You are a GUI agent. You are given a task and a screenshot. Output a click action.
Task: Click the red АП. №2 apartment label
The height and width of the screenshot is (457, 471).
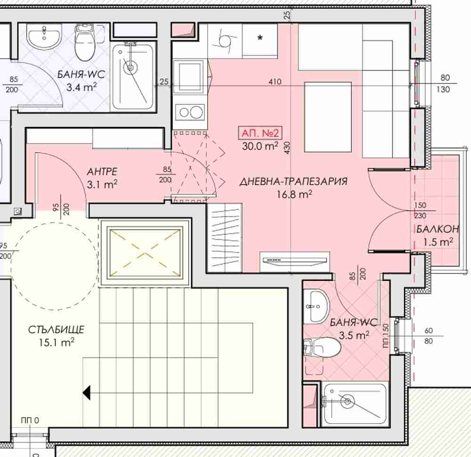(x=260, y=133)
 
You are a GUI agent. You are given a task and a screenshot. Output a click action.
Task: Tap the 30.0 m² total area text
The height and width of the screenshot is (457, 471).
(x=260, y=146)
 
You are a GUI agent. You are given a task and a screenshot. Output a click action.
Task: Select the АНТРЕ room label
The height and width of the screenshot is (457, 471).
(x=102, y=172)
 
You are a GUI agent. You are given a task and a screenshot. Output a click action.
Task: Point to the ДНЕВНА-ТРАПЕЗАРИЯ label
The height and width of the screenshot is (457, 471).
(x=293, y=182)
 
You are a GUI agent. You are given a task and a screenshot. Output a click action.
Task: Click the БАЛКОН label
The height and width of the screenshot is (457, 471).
(x=438, y=229)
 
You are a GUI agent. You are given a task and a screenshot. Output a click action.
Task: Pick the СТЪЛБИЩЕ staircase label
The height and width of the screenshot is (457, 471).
(x=56, y=330)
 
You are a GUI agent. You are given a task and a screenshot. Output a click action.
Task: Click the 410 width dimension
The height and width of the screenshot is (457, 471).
(x=275, y=81)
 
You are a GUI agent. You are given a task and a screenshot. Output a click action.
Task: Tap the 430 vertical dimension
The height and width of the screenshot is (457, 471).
(x=287, y=148)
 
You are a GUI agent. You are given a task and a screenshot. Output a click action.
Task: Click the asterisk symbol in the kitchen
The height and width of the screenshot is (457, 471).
(x=260, y=38)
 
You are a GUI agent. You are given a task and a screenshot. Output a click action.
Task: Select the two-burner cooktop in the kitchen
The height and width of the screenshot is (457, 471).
(x=190, y=112)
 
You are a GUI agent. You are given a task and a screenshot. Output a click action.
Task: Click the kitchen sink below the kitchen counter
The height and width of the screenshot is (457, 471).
(x=189, y=75)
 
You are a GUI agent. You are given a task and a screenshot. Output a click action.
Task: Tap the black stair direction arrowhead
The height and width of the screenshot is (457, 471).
(x=87, y=393)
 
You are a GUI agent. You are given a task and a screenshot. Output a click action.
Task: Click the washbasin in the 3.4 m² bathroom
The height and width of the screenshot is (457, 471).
(x=44, y=36)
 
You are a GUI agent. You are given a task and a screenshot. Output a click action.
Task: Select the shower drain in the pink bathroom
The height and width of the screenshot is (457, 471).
(x=348, y=401)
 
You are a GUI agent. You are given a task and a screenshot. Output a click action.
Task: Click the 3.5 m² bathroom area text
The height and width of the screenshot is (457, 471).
(x=354, y=335)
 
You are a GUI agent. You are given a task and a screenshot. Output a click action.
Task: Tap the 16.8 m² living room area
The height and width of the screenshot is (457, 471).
(x=294, y=194)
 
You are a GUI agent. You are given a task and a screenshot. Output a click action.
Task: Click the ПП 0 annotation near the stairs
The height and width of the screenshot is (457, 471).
(x=30, y=420)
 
